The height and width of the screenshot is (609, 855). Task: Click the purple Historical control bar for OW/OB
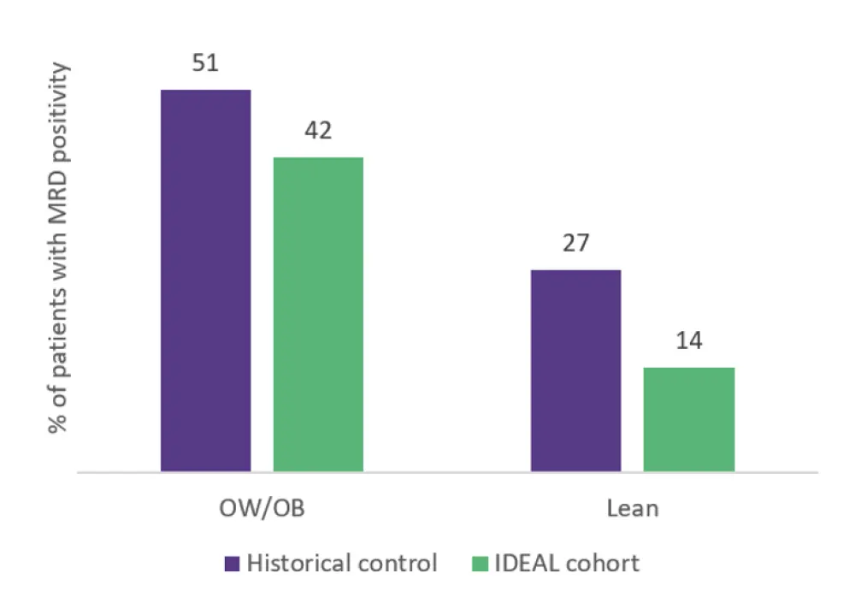click(206, 281)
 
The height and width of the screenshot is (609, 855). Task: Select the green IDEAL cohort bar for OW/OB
click(318, 315)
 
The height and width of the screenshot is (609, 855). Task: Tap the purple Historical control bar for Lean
click(575, 370)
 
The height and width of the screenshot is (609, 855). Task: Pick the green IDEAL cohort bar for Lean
click(688, 419)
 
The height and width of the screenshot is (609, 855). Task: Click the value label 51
click(206, 66)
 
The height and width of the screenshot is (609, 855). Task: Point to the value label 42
click(318, 132)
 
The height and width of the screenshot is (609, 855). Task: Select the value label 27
click(575, 246)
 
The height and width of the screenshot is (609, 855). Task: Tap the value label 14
click(688, 341)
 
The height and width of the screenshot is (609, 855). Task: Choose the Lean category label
click(633, 509)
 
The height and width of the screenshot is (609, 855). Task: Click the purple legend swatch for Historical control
click(233, 565)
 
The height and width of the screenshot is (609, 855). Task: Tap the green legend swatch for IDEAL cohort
click(481, 565)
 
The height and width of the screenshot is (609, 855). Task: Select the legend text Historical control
click(341, 565)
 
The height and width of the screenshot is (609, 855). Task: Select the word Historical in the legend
click(300, 565)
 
